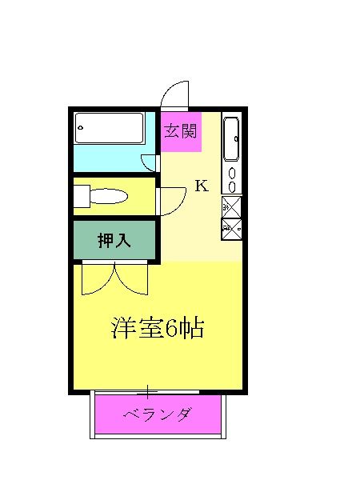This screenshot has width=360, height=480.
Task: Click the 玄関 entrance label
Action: coord(180,131)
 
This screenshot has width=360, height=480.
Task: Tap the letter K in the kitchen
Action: coord(202,186)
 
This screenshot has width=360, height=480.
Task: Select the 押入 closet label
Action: coord(114,240)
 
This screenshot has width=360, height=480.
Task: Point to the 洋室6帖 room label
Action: coord(158,328)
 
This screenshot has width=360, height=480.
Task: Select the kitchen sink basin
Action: coord(230,139)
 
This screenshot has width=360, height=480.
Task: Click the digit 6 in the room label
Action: coord(170,329)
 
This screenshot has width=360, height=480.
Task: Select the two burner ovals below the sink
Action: coord(232,180)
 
